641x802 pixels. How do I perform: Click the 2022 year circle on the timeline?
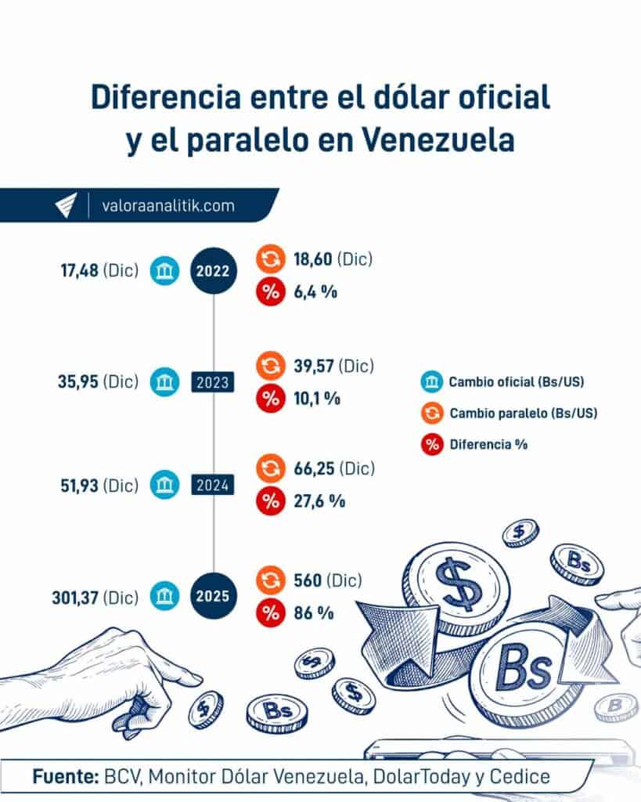[213, 272]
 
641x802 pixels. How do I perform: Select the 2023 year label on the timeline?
[213, 382]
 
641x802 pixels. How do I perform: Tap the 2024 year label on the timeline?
[213, 486]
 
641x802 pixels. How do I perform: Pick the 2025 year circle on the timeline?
[213, 595]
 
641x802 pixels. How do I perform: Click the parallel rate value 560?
[306, 580]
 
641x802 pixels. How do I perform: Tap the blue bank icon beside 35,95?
[165, 382]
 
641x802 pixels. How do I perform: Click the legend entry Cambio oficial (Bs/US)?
[517, 382]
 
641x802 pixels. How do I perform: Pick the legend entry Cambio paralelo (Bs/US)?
[523, 413]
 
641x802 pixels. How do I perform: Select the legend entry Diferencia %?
[488, 444]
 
